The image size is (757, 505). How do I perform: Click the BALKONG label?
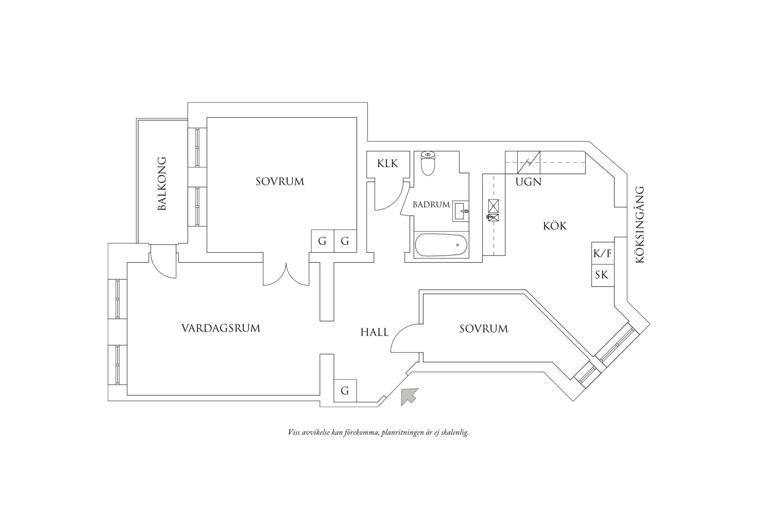(x=162, y=184)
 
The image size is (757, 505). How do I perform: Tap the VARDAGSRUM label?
(x=221, y=328)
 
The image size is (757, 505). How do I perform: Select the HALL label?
(x=374, y=332)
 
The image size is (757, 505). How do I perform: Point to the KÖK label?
(x=555, y=226)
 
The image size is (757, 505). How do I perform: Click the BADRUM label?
(x=431, y=205)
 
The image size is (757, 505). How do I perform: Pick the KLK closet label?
(x=387, y=163)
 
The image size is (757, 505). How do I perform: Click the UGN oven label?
(x=528, y=182)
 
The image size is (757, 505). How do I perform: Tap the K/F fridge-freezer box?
(x=602, y=254)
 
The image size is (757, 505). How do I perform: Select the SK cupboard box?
(x=602, y=275)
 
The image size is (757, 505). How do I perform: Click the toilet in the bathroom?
(x=427, y=163)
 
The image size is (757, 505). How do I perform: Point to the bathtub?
(x=441, y=245)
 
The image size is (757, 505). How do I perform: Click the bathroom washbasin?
(x=461, y=211)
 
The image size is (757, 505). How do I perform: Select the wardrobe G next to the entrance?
(x=345, y=391)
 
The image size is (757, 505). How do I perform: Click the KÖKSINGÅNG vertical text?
(x=640, y=225)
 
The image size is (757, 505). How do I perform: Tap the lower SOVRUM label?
(x=484, y=329)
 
